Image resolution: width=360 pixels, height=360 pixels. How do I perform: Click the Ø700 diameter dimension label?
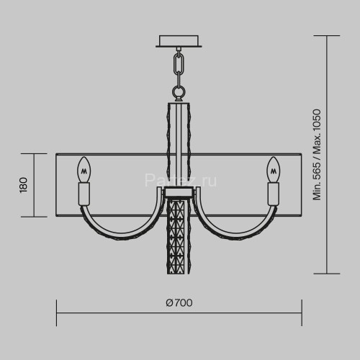click(179, 303)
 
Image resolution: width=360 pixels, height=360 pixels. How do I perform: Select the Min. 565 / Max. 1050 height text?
click(316, 154)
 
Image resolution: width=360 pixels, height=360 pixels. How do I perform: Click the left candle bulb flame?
click(84, 170)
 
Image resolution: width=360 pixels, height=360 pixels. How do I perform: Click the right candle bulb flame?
click(274, 170)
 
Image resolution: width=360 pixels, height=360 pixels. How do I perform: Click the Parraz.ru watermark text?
click(181, 180)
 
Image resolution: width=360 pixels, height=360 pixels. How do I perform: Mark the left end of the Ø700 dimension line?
click(57, 312)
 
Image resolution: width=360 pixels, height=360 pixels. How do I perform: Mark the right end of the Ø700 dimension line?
click(301, 312)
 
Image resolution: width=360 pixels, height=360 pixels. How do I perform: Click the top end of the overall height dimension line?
click(328, 35)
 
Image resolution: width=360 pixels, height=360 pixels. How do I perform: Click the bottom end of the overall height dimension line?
click(328, 274)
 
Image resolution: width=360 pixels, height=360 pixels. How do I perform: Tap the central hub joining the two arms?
click(178, 193)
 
